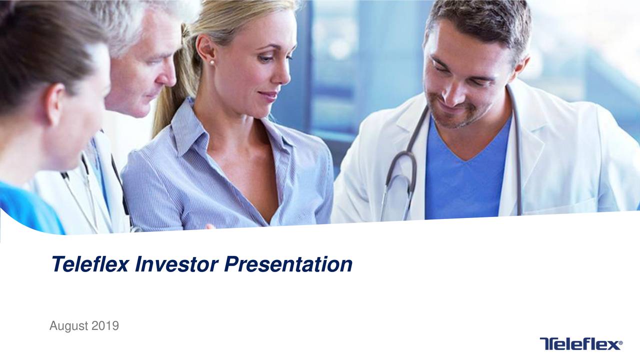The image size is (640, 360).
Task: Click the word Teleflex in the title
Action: (x=90, y=264)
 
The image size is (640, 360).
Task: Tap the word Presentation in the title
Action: (x=287, y=264)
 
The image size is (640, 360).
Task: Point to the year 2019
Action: (x=105, y=326)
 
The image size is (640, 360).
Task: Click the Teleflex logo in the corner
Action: (x=580, y=343)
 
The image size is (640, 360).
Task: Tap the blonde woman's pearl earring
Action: (x=211, y=62)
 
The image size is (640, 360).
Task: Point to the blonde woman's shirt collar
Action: (x=190, y=125)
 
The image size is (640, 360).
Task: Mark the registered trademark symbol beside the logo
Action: (x=621, y=343)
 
